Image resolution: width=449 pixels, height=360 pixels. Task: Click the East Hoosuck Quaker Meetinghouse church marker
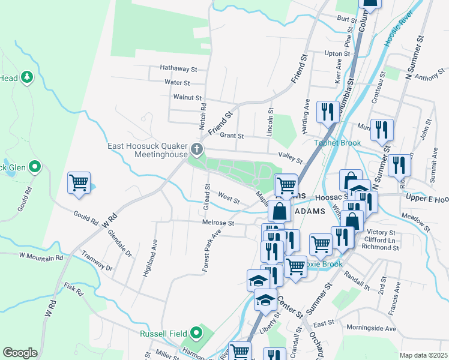196,149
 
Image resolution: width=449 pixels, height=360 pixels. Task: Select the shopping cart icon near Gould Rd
79,182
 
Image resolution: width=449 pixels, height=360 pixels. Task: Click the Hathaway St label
178,69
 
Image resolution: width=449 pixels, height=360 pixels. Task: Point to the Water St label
177,83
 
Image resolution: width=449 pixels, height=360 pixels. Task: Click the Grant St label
232,136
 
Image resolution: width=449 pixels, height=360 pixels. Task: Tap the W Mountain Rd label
41,256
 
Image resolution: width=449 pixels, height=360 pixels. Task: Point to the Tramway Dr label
97,260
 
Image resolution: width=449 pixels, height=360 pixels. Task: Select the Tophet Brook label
338,143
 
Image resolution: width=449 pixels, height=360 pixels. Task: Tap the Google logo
20,353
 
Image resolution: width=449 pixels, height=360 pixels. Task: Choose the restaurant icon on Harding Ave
327,112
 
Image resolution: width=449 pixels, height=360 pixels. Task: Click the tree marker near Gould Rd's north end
26,77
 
